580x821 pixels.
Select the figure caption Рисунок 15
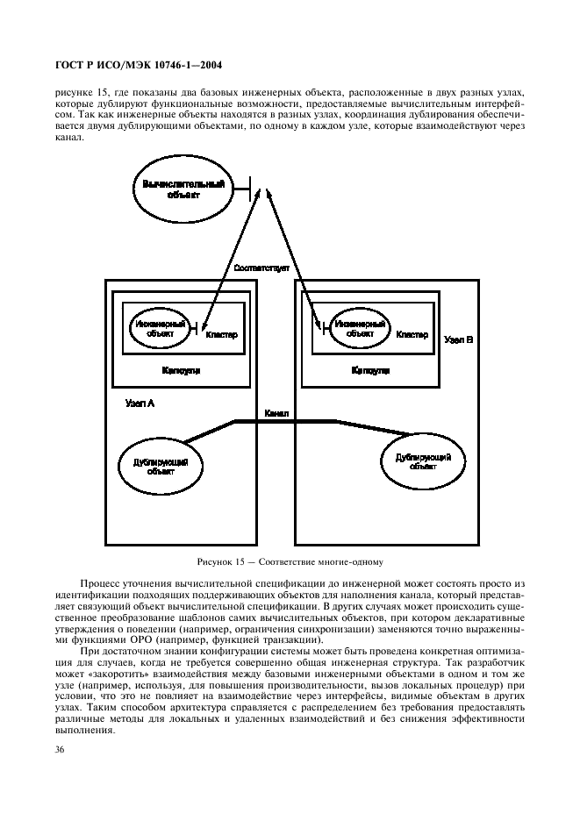coord(290,560)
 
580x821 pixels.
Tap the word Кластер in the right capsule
coord(412,334)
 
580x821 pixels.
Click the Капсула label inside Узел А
coord(181,370)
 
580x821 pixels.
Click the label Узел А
coord(140,403)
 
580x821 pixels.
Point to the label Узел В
coord(458,337)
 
